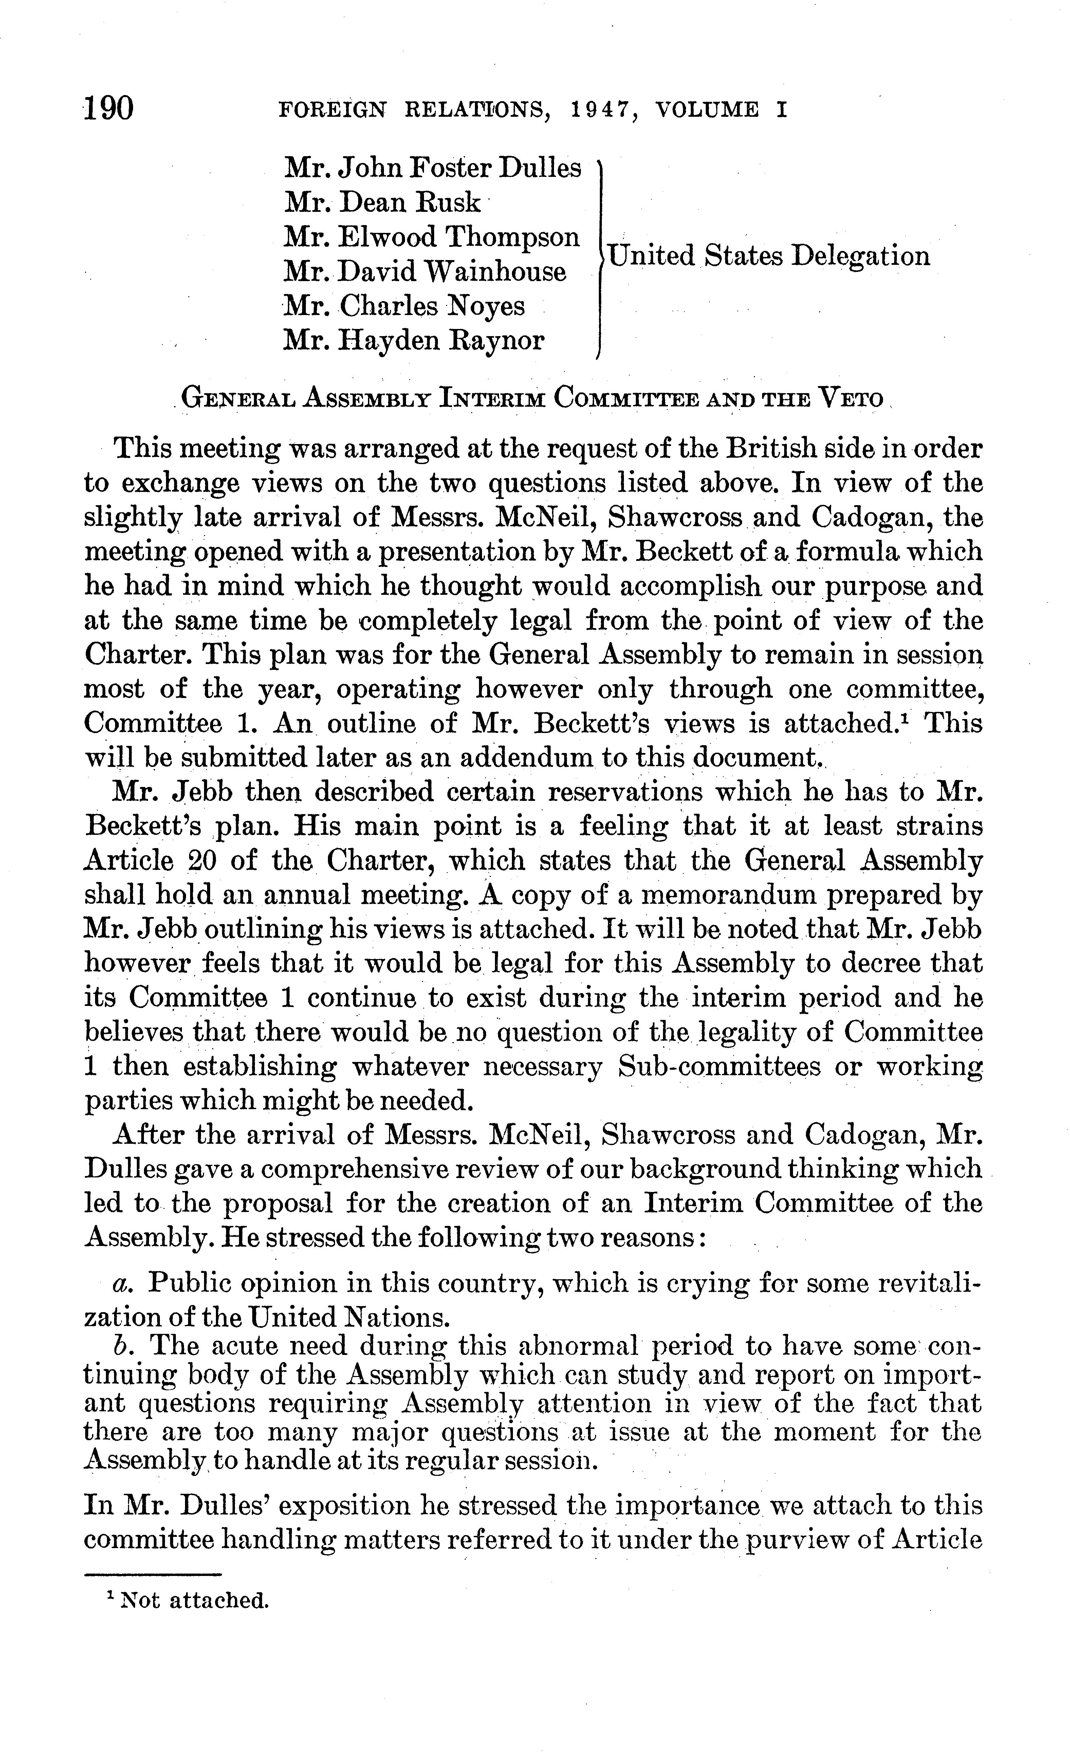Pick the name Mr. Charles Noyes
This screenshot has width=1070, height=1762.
point(404,306)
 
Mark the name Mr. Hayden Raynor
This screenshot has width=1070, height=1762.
point(413,341)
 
